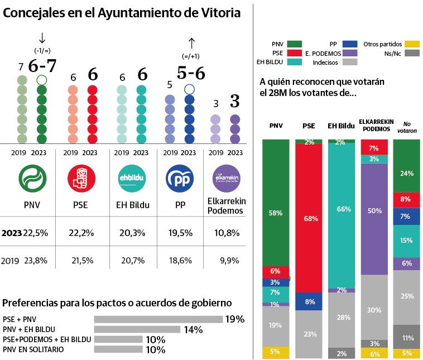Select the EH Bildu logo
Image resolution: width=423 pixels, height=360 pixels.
coord(131,179)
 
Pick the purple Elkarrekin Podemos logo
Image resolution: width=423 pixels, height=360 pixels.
coord(227,179)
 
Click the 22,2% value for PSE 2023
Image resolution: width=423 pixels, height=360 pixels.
coord(81,233)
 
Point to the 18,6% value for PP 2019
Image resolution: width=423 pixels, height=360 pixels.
coord(180,260)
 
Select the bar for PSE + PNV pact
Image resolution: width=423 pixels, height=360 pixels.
coord(158,319)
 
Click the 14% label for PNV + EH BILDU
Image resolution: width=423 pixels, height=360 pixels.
coord(193,329)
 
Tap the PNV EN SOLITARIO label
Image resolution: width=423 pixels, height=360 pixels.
coord(33,349)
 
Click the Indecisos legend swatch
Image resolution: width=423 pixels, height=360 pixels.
coord(349,63)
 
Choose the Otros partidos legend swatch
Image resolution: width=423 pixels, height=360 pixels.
coord(412,44)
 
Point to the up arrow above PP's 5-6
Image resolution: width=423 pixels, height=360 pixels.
coord(191,43)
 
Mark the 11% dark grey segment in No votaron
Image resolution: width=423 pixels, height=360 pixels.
coord(406,337)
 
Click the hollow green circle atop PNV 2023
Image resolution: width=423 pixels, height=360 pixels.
coord(41,80)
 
